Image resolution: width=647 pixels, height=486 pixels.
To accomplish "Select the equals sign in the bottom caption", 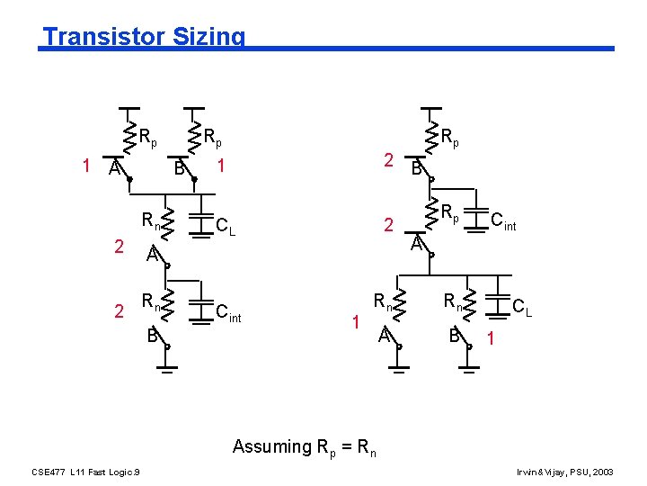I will [x=346, y=446].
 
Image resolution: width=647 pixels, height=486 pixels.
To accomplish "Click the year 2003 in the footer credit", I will [x=605, y=472].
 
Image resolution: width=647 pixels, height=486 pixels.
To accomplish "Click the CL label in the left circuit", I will [x=226, y=226].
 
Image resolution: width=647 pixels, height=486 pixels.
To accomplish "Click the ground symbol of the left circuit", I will [x=165, y=365].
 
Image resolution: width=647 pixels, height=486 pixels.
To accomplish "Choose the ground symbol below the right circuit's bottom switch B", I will [x=467, y=365].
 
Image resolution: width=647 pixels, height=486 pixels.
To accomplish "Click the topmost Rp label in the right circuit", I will [x=450, y=138].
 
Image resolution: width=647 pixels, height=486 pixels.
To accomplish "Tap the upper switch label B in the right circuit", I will [x=417, y=168].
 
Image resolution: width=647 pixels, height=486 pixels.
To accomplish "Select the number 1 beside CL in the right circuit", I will [x=490, y=339].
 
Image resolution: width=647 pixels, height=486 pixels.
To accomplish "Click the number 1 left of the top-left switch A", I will [x=85, y=166].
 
